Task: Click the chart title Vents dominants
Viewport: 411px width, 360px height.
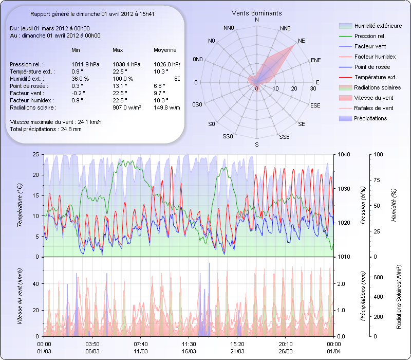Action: coord(256,13)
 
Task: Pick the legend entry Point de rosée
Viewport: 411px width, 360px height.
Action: coord(372,67)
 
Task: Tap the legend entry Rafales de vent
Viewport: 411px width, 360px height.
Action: coord(373,108)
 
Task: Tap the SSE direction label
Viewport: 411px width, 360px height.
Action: coord(284,137)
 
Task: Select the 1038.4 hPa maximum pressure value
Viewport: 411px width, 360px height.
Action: coord(126,64)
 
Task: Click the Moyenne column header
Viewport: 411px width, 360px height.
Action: coord(165,50)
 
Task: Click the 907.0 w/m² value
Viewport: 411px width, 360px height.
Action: coord(126,107)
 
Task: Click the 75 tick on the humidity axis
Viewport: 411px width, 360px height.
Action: coord(378,180)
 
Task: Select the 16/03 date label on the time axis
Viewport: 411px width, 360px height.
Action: coord(189,351)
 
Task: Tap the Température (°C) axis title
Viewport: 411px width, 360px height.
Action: coord(20,206)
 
